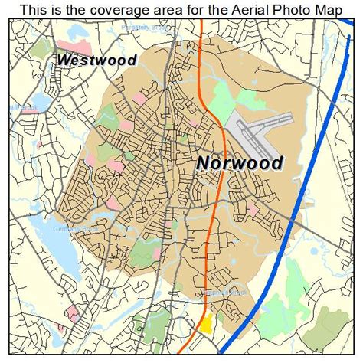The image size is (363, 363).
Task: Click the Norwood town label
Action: click(x=239, y=162)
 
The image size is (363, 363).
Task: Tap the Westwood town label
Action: click(x=96, y=60)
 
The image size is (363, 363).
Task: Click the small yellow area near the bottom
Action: click(x=204, y=323)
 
